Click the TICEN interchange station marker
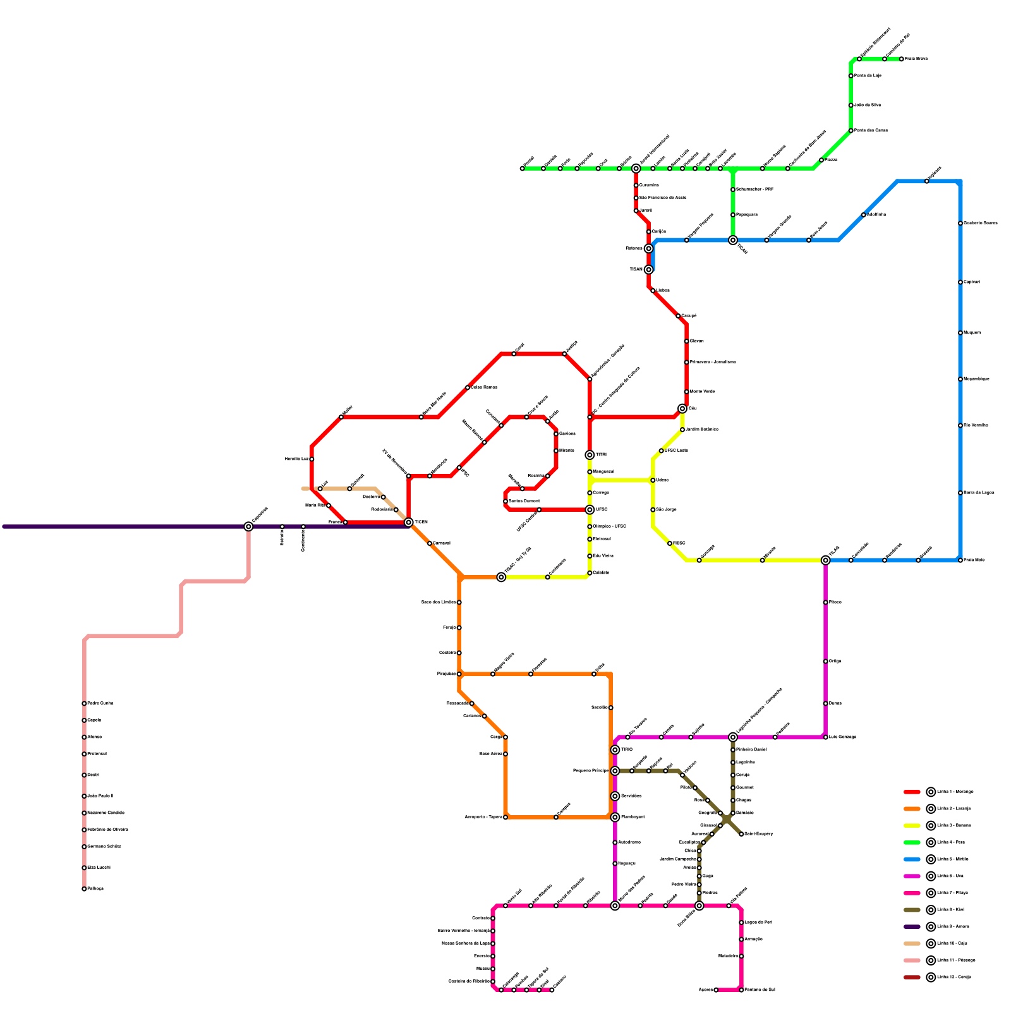click(x=409, y=523)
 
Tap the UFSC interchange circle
click(x=590, y=510)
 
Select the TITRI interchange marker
click(x=590, y=455)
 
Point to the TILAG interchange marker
click(x=825, y=560)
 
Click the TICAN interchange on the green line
click(x=733, y=240)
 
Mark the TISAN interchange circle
click(x=648, y=270)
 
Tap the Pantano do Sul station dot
click(x=741, y=990)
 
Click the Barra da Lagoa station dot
click(x=960, y=493)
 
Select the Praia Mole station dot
click(x=960, y=560)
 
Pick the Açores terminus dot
click(x=716, y=990)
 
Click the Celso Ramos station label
click(x=484, y=387)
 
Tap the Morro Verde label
click(x=702, y=392)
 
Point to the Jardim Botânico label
click(x=701, y=430)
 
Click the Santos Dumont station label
click(x=524, y=501)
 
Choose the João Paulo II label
click(x=100, y=796)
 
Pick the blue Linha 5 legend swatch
click(x=912, y=859)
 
